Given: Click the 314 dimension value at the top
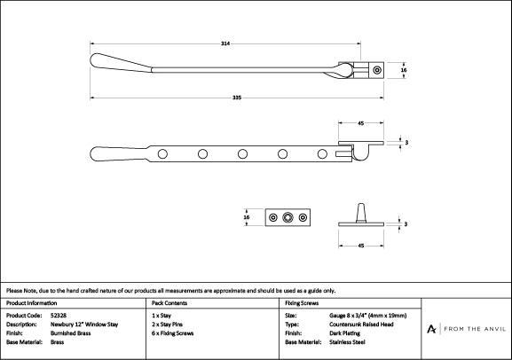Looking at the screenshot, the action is click(x=225, y=43).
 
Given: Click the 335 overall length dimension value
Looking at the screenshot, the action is click(x=237, y=98).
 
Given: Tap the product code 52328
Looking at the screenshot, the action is click(x=59, y=316).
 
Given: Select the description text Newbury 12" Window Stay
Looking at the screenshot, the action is click(x=84, y=325).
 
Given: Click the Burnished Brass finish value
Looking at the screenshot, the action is click(x=70, y=333).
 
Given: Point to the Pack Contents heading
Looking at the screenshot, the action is click(x=169, y=303).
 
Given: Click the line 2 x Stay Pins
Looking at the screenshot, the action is click(x=167, y=325).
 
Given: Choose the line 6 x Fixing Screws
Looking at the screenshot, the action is click(x=173, y=333).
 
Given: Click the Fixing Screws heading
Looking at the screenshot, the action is click(x=302, y=303).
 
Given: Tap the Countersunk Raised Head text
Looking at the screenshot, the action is click(x=361, y=325).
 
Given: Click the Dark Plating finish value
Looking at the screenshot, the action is click(x=345, y=333).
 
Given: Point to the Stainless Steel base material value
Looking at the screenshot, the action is click(x=348, y=342).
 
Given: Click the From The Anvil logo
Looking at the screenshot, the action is click(x=467, y=329).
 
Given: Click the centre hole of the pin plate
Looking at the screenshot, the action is click(x=288, y=217).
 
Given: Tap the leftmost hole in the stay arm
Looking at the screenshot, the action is click(x=162, y=153).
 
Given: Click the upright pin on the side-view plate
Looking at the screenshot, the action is click(x=361, y=213).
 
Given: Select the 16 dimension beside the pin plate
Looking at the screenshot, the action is click(x=247, y=217).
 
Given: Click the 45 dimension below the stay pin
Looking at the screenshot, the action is click(x=361, y=246).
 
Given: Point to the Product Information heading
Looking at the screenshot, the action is click(x=32, y=303).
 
